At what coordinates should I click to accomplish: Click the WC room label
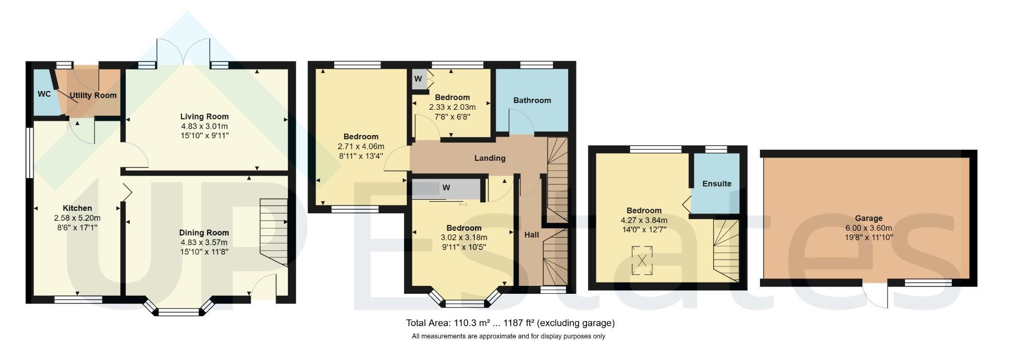point(44,94)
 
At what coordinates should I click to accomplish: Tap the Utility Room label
point(94,96)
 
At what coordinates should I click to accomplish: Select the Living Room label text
point(204,117)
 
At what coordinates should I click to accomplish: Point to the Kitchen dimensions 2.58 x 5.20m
point(77,218)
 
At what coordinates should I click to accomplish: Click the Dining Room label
point(204,233)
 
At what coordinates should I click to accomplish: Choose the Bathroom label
point(532,100)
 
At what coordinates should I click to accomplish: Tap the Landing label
point(490,158)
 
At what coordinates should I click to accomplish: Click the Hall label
point(532,235)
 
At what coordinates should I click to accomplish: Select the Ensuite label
point(717,183)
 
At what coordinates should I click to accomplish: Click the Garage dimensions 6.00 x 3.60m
point(869,228)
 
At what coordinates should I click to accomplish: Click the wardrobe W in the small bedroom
point(418,79)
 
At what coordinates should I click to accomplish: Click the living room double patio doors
point(184,51)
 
